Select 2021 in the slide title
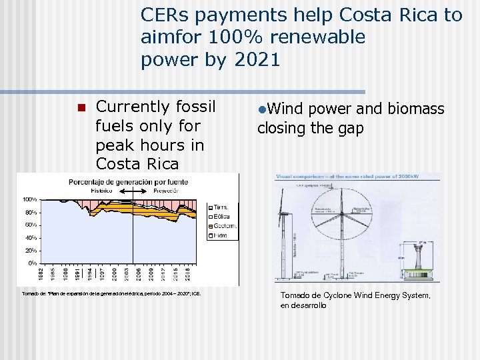(257, 60)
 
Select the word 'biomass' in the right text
(417, 109)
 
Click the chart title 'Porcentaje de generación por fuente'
(126, 181)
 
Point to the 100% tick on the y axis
(30, 199)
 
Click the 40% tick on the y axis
(31, 238)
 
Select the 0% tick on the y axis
(33, 263)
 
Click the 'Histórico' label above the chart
(103, 190)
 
